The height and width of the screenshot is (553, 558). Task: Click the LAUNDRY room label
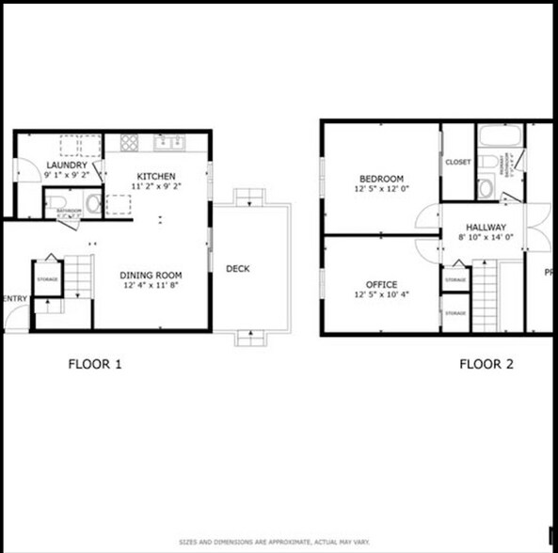[67, 165]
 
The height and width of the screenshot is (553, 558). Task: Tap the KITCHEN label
[156, 176]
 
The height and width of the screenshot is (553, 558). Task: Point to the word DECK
[238, 270]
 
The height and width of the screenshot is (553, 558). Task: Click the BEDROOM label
[381, 180]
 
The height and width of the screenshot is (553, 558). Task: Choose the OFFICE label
[380, 285]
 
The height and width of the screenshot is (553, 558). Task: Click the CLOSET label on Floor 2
[457, 162]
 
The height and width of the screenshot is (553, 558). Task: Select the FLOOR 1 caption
[95, 365]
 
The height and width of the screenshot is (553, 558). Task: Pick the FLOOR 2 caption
[486, 365]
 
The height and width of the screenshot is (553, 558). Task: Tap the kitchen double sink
[170, 143]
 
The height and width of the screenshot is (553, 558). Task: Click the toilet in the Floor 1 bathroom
[56, 203]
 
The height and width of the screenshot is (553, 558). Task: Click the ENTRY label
[16, 300]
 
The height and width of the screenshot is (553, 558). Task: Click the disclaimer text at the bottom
[279, 543]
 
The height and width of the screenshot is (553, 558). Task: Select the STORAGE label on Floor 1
[48, 279]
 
